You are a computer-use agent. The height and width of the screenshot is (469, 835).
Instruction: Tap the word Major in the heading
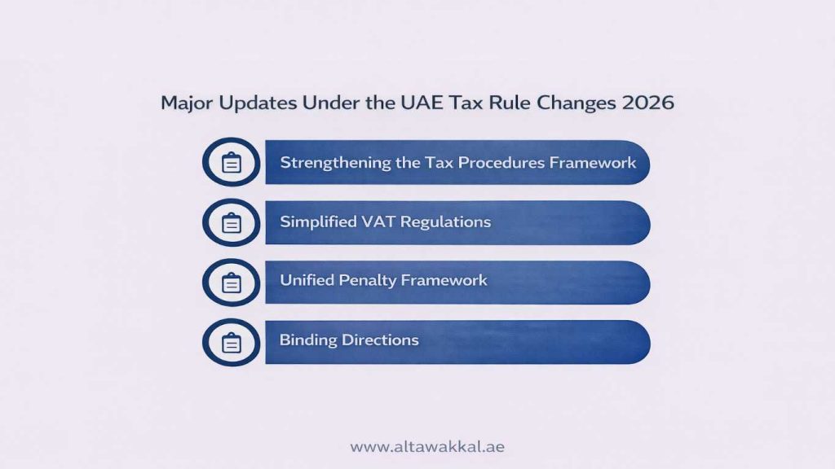pos(184,103)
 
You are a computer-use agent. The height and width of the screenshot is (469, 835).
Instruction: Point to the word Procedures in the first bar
pos(500,162)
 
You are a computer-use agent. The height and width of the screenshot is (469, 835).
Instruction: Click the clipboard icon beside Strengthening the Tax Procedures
pos(232,163)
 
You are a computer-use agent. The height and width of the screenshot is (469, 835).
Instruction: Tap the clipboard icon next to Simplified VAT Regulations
pos(232,222)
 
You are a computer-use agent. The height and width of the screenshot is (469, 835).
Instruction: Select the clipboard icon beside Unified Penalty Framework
pos(232,282)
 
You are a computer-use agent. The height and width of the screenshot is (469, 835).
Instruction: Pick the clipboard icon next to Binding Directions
pos(232,342)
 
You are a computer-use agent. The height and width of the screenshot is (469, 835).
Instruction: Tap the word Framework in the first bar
pos(592,162)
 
